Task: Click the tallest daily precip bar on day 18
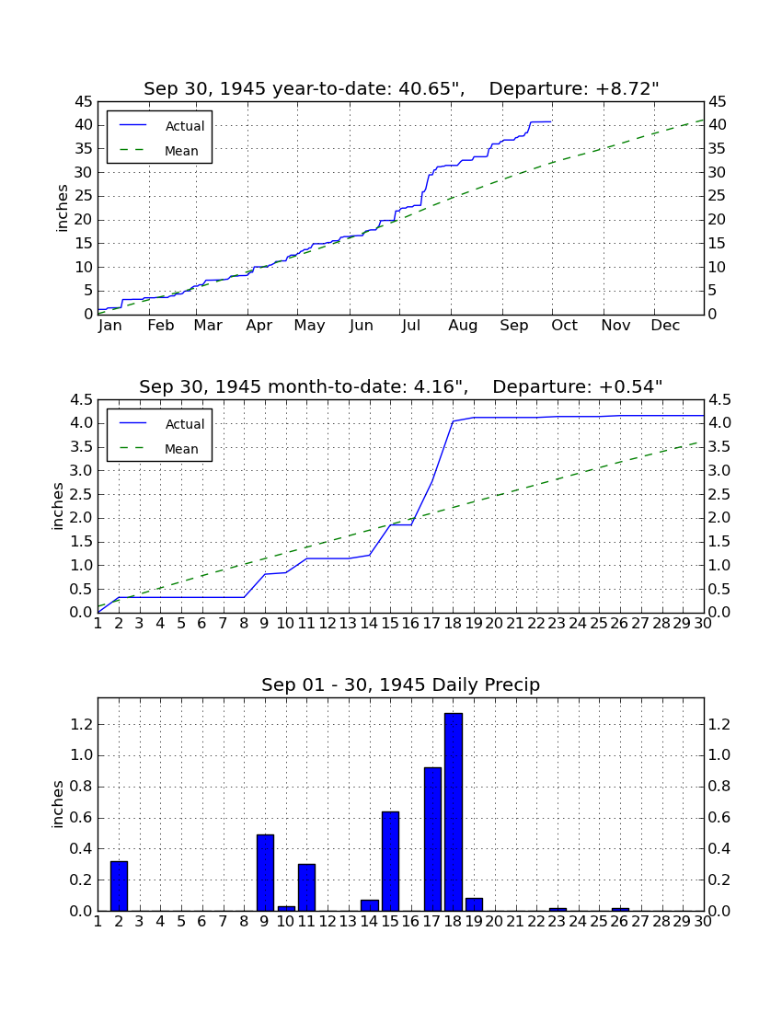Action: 453,812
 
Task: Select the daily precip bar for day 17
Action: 432,839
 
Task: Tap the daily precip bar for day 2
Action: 119,885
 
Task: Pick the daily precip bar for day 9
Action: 265,872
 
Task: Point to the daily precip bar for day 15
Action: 390,861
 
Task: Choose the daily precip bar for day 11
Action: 306,887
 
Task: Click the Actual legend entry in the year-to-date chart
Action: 162,126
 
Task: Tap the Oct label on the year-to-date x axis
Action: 565,326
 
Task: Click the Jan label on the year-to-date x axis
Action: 110,326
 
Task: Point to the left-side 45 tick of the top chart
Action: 84,101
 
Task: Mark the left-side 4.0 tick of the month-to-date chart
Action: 81,423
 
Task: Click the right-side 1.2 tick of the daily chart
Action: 719,724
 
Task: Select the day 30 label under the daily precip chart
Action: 703,921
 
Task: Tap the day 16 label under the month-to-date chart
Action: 411,623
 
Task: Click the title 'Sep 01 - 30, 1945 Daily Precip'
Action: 401,684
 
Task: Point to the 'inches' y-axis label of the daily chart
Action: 58,804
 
